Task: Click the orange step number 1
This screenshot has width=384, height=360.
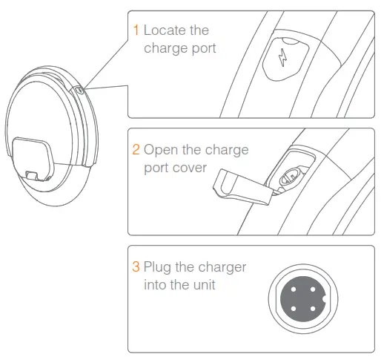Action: coord(136,30)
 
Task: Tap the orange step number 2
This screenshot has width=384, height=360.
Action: coord(136,149)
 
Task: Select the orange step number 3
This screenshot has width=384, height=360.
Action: coord(136,266)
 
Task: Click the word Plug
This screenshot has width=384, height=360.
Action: coord(158,266)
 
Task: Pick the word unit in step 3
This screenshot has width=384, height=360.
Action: coord(208,284)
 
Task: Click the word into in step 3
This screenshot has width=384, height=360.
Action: coord(152,284)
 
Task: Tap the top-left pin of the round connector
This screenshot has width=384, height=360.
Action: coord(294,288)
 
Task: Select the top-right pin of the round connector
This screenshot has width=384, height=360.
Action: coord(314,288)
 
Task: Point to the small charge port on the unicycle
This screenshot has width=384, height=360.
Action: coord(80,91)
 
